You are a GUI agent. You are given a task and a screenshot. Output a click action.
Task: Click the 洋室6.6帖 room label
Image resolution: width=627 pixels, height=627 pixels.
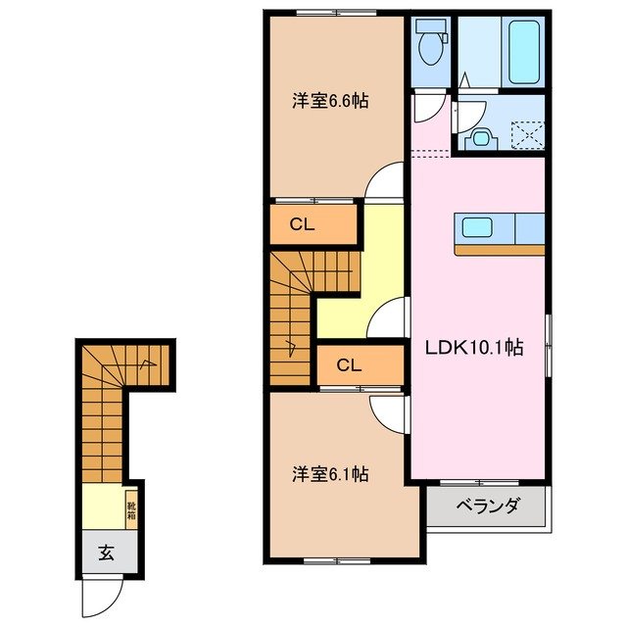point(329,101)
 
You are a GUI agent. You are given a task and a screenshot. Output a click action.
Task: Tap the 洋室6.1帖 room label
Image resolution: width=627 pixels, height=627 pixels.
point(329,474)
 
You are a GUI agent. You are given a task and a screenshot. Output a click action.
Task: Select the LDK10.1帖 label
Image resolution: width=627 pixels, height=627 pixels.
point(472,347)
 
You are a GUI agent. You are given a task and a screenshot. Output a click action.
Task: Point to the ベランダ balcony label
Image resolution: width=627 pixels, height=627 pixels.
point(487,506)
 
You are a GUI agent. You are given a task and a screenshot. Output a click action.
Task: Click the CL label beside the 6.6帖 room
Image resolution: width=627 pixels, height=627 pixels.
point(302,223)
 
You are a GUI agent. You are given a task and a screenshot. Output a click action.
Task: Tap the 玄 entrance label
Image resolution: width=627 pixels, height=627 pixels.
point(104,553)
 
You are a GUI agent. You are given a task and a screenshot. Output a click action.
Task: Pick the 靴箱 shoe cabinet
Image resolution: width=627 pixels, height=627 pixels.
point(130,509)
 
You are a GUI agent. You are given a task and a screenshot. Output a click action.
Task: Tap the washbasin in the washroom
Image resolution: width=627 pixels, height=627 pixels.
point(479,137)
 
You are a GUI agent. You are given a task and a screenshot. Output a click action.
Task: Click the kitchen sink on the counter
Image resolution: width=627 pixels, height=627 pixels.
point(479,227)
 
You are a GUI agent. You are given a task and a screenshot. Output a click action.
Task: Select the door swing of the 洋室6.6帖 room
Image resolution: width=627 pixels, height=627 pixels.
point(386,183)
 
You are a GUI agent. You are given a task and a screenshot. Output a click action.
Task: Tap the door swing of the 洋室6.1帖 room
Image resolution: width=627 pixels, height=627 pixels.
point(388,411)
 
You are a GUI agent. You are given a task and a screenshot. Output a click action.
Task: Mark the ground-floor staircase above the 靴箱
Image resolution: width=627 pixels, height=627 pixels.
point(104,411)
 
